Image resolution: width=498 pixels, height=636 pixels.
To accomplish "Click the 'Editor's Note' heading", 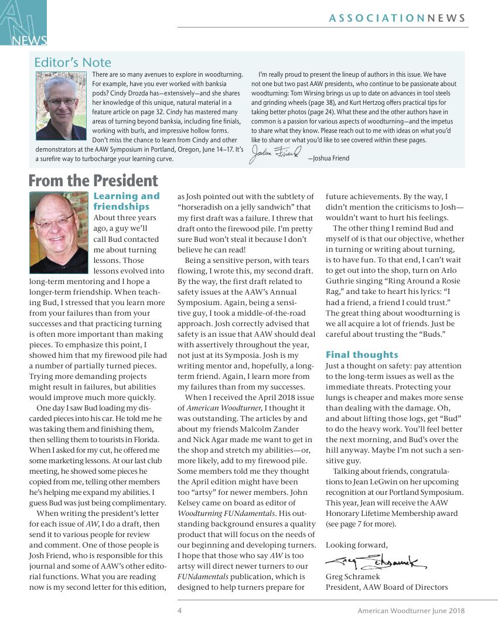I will click(x=73, y=62).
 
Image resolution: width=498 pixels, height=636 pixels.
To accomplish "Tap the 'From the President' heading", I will click(x=93, y=180).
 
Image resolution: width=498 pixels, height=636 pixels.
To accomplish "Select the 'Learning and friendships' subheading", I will click(x=127, y=201).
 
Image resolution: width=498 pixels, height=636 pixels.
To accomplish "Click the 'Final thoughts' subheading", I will click(x=361, y=354).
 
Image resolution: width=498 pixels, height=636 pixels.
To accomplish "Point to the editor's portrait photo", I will click(x=62, y=105).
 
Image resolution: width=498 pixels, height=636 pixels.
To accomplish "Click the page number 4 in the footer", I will click(x=180, y=611).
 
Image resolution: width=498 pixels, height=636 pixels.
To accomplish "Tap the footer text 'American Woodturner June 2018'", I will click(x=411, y=611).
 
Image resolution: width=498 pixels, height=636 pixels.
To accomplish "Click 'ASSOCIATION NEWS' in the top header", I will click(x=398, y=19).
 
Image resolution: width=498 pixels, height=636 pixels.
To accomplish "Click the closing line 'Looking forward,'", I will click(x=356, y=545).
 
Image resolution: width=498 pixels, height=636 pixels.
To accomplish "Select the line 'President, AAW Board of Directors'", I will click(x=386, y=587).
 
